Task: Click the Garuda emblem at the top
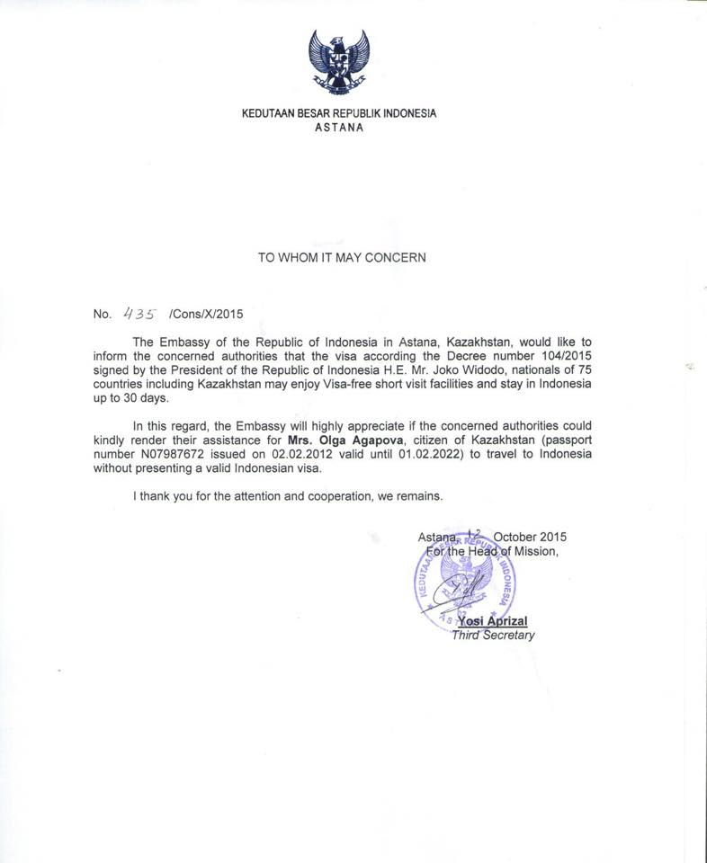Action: [338, 60]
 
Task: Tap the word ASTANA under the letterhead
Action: [339, 128]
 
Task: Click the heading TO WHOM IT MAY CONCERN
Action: [342, 258]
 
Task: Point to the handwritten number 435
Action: [141, 314]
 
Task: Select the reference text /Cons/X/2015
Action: [206, 315]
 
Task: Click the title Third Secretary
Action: [493, 636]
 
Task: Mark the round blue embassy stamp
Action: [465, 579]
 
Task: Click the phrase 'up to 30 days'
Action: [131, 397]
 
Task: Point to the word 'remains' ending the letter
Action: [421, 495]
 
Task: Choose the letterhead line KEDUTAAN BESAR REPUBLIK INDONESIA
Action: [339, 114]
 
